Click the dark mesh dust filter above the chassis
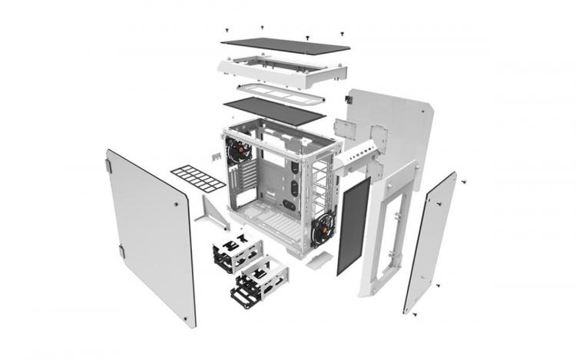[273, 112]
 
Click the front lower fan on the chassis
[323, 227]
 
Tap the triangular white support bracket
[212, 211]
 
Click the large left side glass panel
[150, 234]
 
